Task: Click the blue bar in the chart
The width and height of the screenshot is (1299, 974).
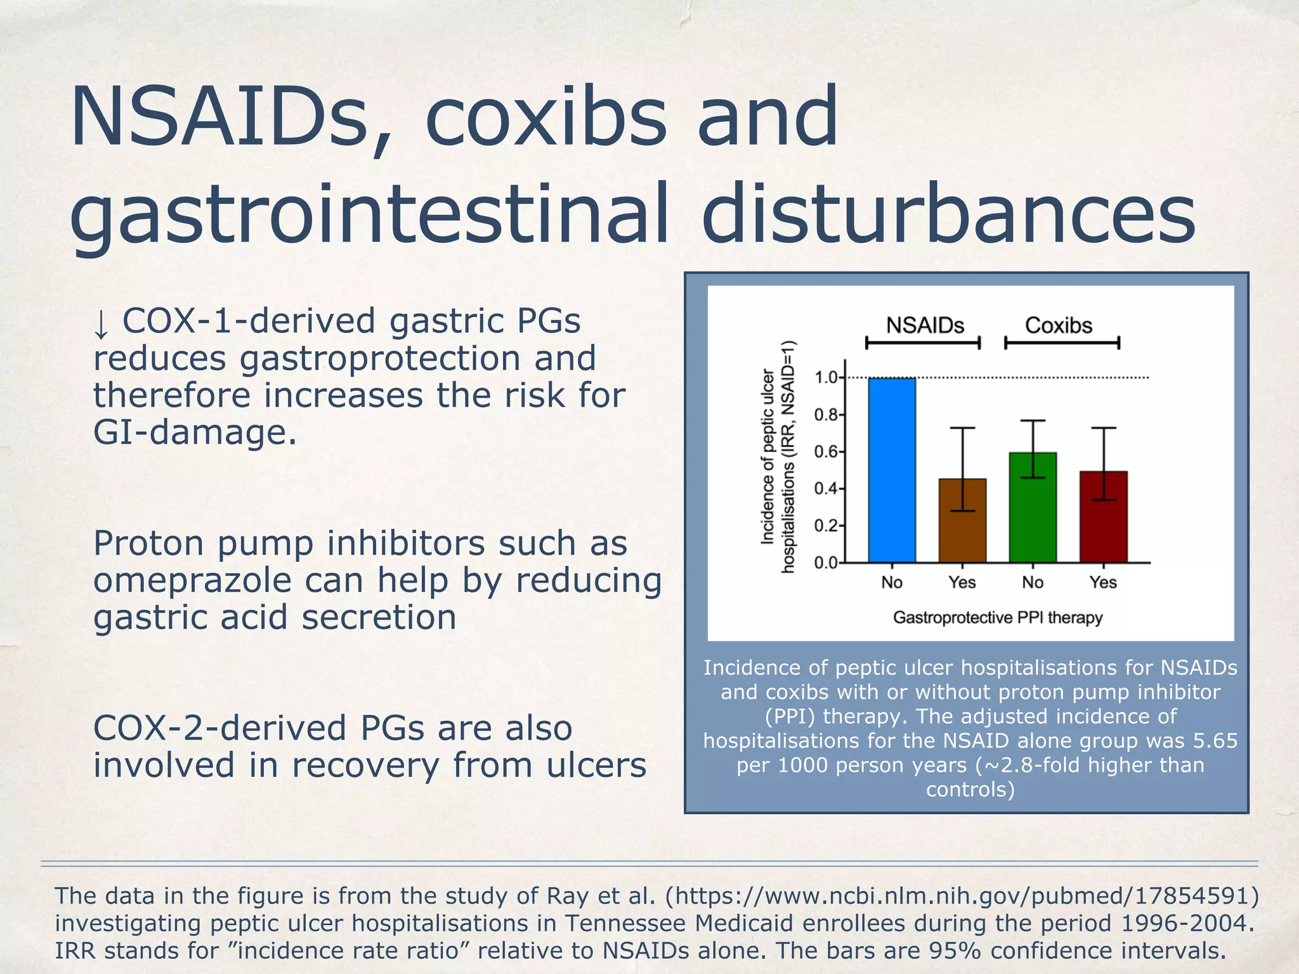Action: [x=892, y=471]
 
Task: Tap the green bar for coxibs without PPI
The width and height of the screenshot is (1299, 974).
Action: [x=1033, y=507]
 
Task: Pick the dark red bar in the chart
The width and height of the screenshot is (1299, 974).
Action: [x=1104, y=517]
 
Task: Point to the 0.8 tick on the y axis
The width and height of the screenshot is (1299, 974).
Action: [x=826, y=415]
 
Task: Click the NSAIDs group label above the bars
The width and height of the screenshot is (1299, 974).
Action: [x=925, y=325]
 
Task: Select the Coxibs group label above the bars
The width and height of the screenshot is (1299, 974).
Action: [x=1059, y=325]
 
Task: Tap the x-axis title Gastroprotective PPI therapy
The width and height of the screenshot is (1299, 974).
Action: [x=998, y=617]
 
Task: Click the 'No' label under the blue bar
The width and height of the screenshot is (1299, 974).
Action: [x=892, y=582]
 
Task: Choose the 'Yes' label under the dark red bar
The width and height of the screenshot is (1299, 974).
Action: [x=1103, y=582]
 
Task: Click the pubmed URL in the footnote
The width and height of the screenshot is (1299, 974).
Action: [x=962, y=895]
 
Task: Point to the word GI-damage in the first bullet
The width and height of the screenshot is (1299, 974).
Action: [x=195, y=432]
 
